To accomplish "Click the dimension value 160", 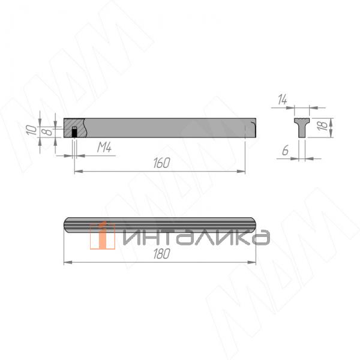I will click(161, 163).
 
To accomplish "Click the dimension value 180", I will click(161, 254).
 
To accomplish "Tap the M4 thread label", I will click(104, 146).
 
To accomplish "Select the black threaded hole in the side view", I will click(74, 132).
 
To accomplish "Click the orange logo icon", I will click(103, 236).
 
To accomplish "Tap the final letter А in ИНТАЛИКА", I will click(260, 238).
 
